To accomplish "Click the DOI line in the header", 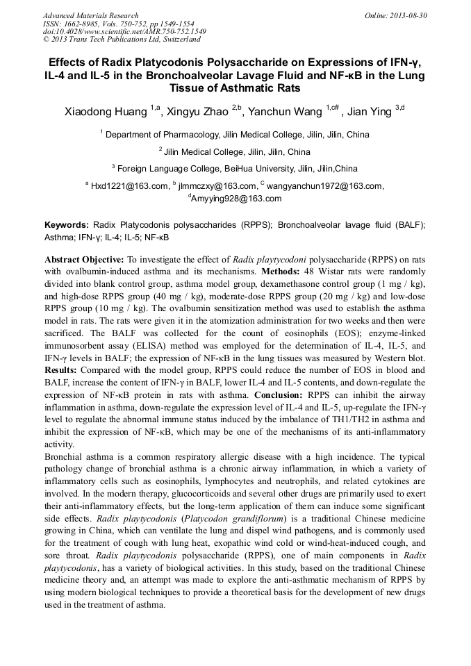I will pyautogui.click(x=124, y=31).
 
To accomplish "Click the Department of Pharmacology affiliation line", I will pyautogui.click(x=236, y=135).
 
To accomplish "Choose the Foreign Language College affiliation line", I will pyautogui.click(x=236, y=169).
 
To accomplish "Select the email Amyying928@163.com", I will pyautogui.click(x=236, y=199).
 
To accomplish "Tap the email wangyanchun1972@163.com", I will pyautogui.click(x=324, y=186).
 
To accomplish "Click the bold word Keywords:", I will pyautogui.click(x=67, y=226).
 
